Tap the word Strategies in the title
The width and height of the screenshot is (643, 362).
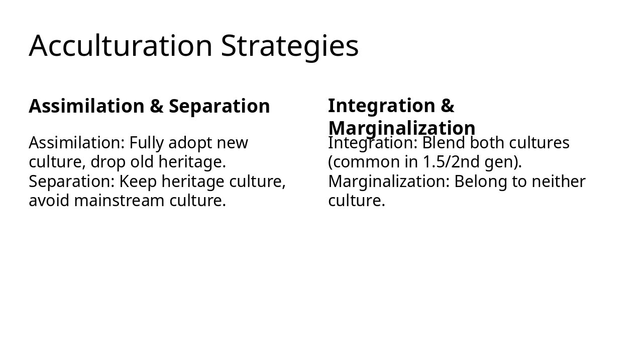click(x=290, y=46)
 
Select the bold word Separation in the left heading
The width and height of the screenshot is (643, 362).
click(x=219, y=107)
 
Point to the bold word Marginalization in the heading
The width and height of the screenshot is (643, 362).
click(x=401, y=128)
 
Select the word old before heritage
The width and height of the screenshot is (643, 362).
click(x=141, y=162)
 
